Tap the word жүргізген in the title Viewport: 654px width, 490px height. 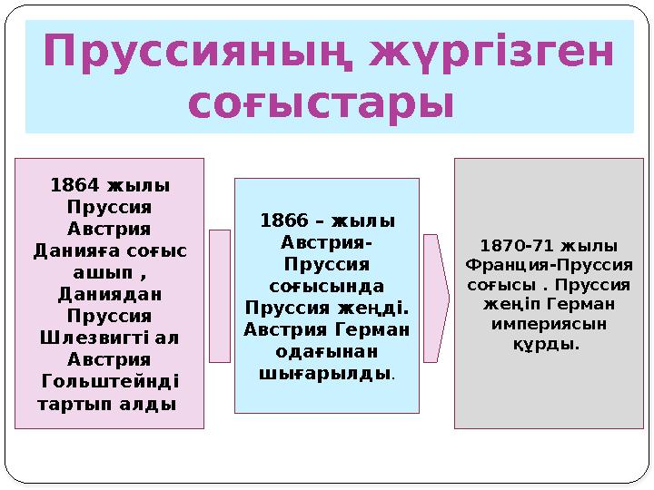tap(490, 54)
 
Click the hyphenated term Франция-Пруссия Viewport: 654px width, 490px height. tap(549, 266)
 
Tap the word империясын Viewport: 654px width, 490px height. tap(548, 324)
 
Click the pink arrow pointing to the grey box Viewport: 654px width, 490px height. tap(436, 299)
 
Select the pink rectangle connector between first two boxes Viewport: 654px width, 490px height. tap(220, 296)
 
